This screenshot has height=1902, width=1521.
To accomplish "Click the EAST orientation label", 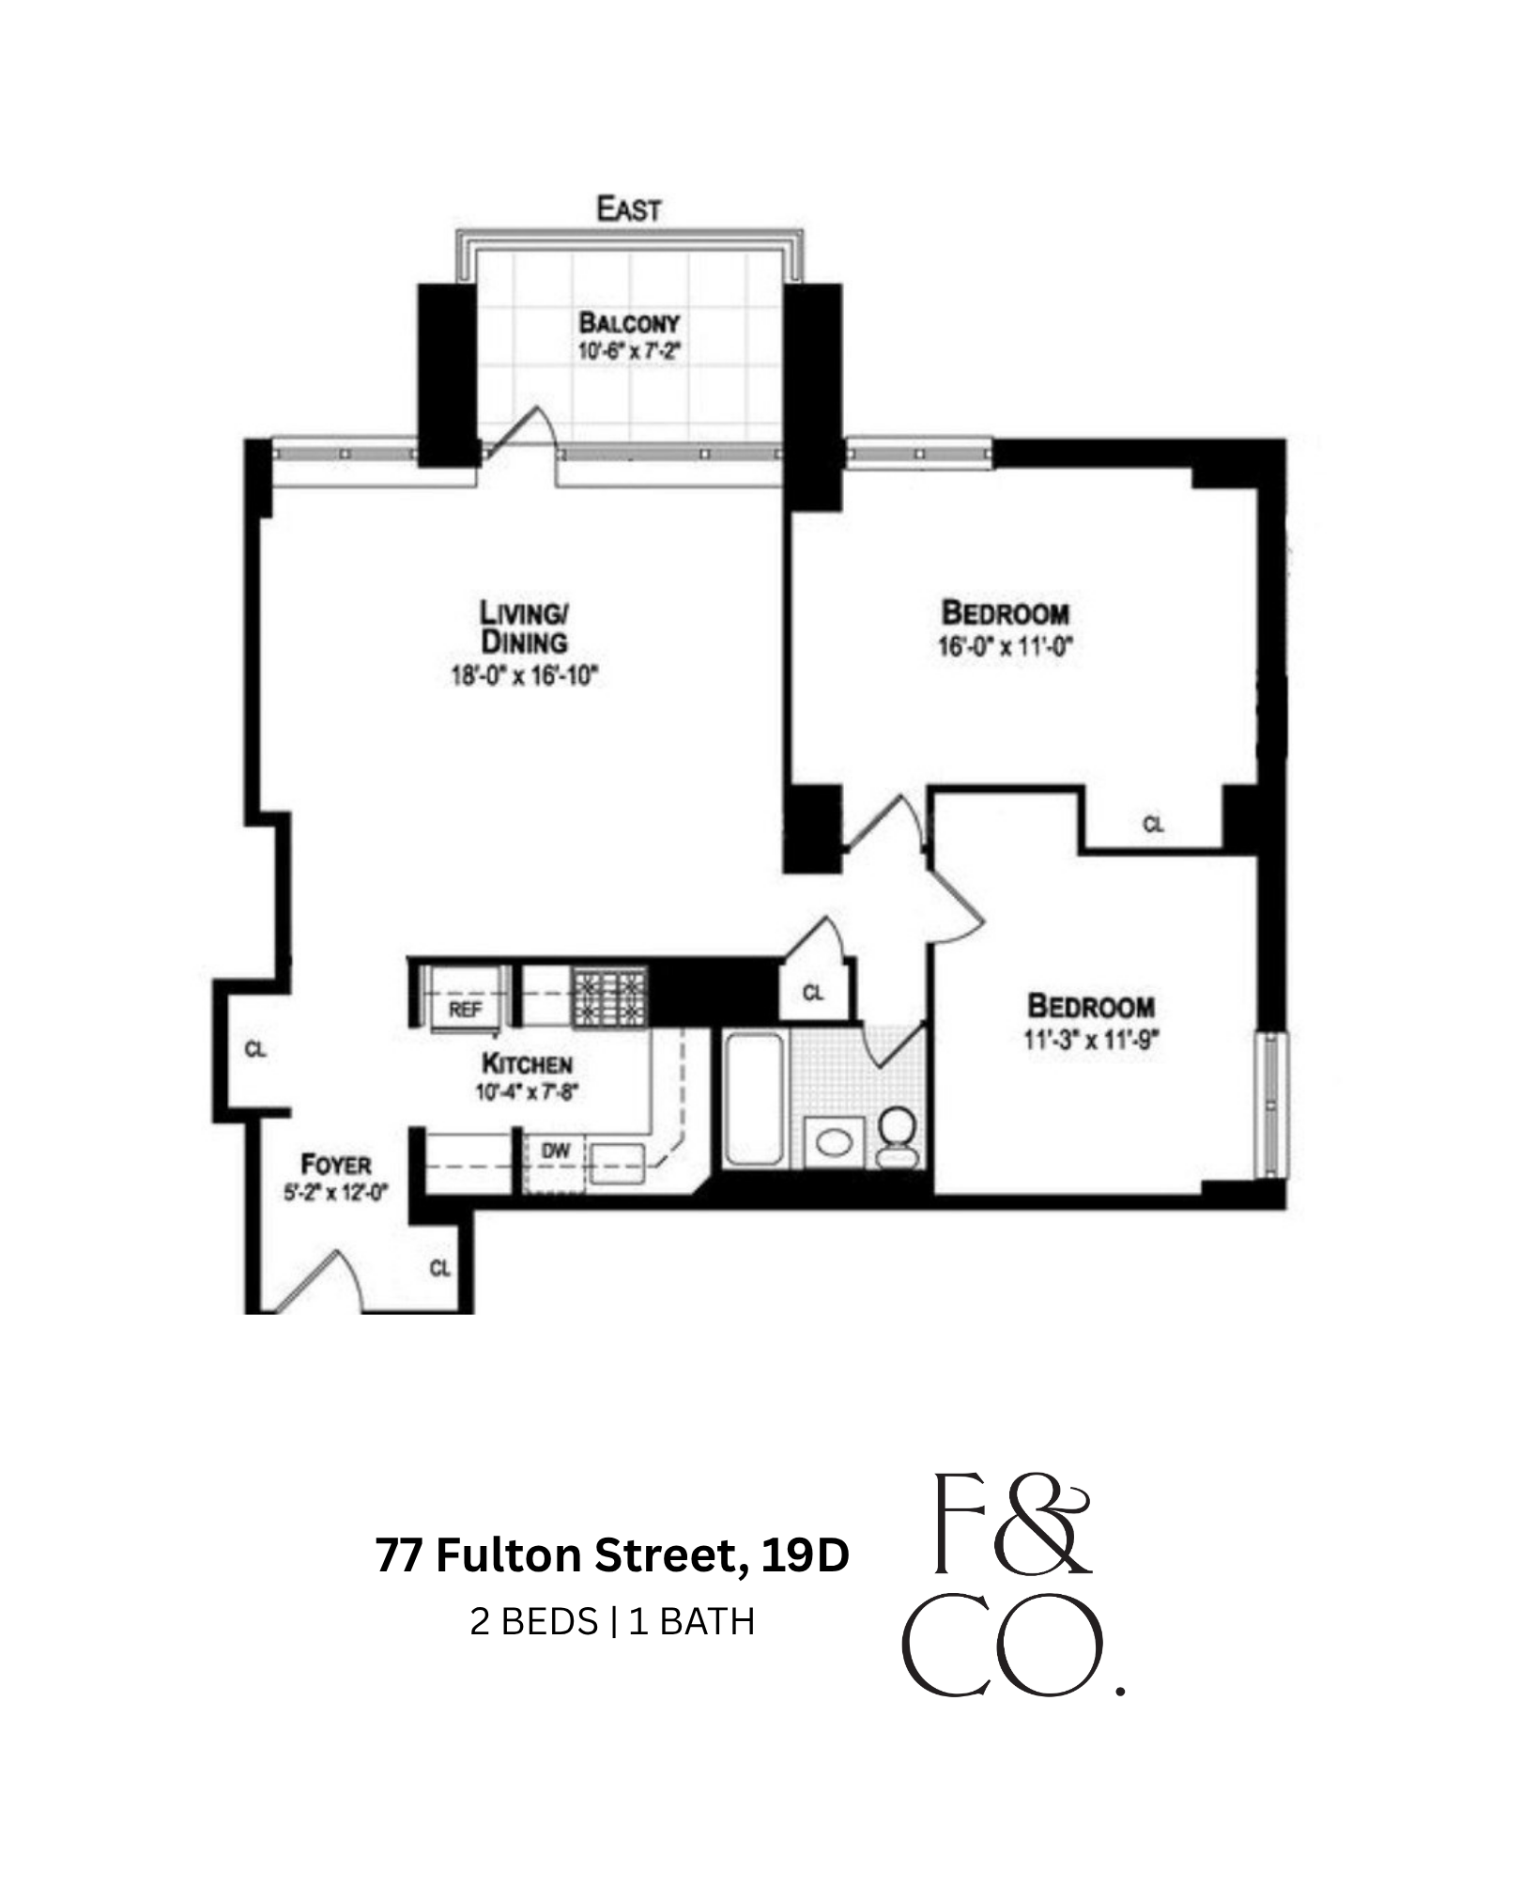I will click(x=628, y=209).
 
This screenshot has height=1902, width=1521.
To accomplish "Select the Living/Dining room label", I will click(x=524, y=627).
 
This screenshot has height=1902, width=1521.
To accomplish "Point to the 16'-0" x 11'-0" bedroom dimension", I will click(x=1005, y=646).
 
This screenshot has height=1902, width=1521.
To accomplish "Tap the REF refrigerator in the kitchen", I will click(x=465, y=1010).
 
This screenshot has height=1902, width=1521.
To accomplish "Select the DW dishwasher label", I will click(x=556, y=1151).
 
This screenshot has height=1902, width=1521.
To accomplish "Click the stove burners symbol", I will click(x=609, y=997).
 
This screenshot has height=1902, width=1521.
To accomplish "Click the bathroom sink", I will click(x=834, y=1142).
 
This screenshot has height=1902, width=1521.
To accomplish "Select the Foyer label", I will click(x=335, y=1165).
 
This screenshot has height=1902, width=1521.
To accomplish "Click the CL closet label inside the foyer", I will click(x=439, y=1268).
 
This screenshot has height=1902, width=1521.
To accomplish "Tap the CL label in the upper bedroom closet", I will click(x=1153, y=825).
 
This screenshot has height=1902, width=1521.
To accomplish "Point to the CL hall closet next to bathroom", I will click(x=813, y=993).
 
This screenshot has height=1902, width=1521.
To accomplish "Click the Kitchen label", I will click(x=527, y=1063).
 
